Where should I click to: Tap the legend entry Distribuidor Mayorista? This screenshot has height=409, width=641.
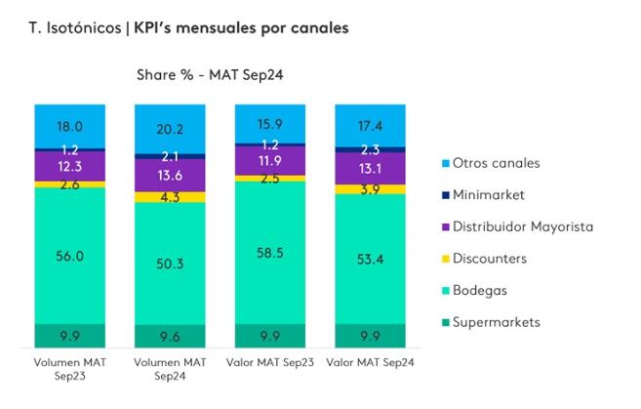pyautogui.click(x=521, y=226)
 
